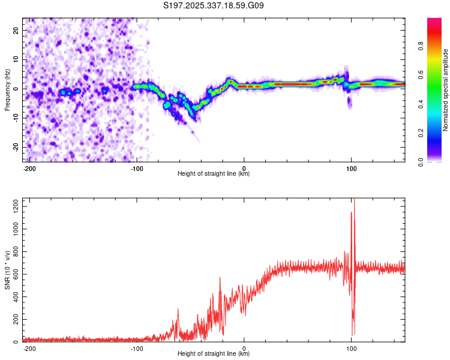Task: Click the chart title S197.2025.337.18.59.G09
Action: pyautogui.click(x=214, y=6)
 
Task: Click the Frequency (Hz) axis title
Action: pyautogui.click(x=7, y=89)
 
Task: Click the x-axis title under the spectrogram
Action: pyautogui.click(x=214, y=174)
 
